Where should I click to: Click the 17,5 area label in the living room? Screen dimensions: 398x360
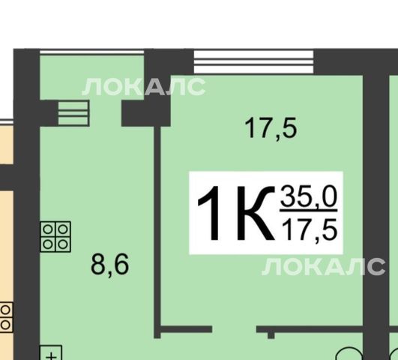[271, 128]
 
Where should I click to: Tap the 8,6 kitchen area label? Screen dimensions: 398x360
[110, 265]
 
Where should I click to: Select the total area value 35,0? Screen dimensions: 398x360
[309, 196]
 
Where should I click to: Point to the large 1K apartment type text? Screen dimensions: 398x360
[236, 213]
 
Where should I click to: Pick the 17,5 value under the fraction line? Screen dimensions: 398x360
[310, 230]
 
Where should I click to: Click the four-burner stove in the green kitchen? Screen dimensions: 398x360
[55, 237]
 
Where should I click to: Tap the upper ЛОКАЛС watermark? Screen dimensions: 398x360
[144, 87]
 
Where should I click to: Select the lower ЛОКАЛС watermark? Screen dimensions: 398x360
[324, 266]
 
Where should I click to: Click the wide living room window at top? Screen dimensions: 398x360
[254, 61]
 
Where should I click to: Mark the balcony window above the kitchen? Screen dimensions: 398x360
[92, 52]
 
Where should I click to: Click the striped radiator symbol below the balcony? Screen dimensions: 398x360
[73, 113]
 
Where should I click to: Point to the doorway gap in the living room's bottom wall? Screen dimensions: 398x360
[235, 329]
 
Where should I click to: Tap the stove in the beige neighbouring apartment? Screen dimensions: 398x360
[6, 317]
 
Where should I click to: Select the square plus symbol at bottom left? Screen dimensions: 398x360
[51, 352]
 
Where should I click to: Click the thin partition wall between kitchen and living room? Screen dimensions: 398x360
[157, 232]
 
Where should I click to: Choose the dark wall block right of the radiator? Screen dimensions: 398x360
[145, 113]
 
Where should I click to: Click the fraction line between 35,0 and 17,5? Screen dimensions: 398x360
[309, 211]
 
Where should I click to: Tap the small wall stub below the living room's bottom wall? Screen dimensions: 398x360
[271, 335]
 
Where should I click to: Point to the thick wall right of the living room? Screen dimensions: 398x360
[376, 216]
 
